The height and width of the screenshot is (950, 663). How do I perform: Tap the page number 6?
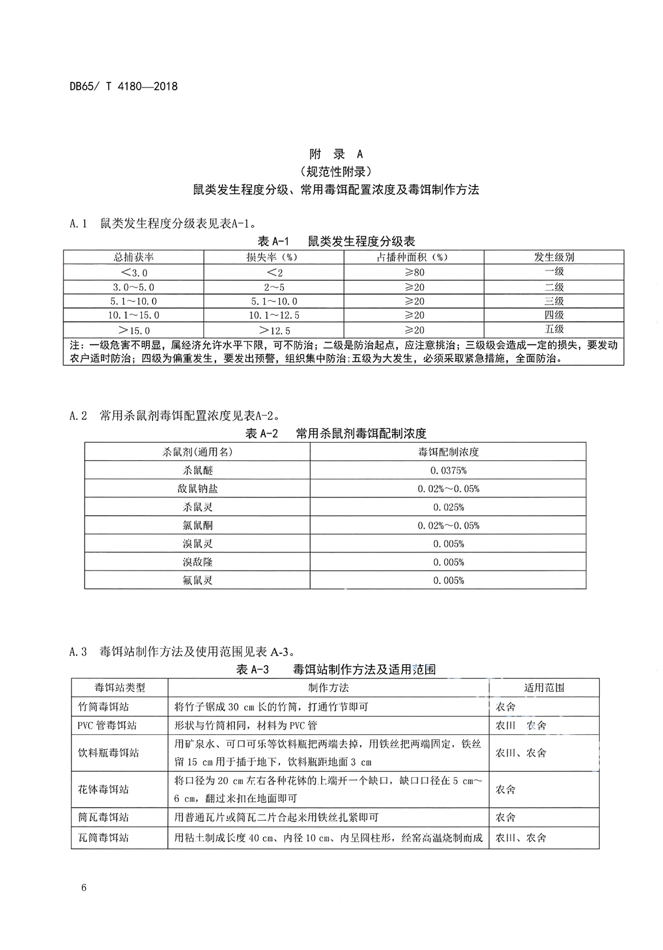(x=84, y=888)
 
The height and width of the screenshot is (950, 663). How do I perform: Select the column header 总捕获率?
(x=134, y=257)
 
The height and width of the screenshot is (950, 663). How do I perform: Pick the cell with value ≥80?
(x=414, y=272)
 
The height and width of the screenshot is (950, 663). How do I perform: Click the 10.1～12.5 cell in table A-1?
(x=274, y=315)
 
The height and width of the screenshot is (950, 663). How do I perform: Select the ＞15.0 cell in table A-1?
(x=134, y=330)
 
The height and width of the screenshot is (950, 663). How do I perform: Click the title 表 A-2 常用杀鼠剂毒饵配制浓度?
(x=336, y=434)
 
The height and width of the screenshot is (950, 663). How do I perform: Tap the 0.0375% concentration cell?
(x=448, y=470)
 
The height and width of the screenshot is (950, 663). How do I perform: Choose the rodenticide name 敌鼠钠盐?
(x=197, y=488)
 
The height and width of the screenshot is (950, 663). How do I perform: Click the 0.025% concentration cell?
(x=448, y=507)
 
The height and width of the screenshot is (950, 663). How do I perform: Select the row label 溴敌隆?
(x=197, y=562)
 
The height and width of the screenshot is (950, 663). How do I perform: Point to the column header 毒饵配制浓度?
(x=448, y=452)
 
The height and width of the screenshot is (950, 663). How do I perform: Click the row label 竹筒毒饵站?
(x=103, y=707)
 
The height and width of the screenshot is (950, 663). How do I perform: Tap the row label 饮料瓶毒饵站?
(x=108, y=753)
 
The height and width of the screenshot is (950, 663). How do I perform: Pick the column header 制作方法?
(x=328, y=687)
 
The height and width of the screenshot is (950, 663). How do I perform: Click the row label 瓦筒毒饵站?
(x=103, y=838)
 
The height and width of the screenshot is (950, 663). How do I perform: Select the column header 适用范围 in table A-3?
(x=544, y=687)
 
